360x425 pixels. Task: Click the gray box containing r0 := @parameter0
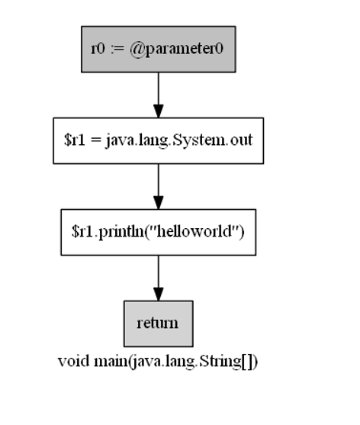tap(158, 49)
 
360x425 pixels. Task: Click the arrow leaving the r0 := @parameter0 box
tap(158, 95)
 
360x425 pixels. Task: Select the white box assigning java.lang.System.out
tap(158, 140)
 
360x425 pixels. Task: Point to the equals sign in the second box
tap(97, 141)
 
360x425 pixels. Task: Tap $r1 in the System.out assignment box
tap(76, 141)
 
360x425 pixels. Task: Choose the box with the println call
tap(158, 232)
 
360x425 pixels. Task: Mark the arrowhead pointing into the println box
tap(158, 202)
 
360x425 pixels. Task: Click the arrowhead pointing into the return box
tap(158, 294)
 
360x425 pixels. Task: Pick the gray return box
tap(158, 324)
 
